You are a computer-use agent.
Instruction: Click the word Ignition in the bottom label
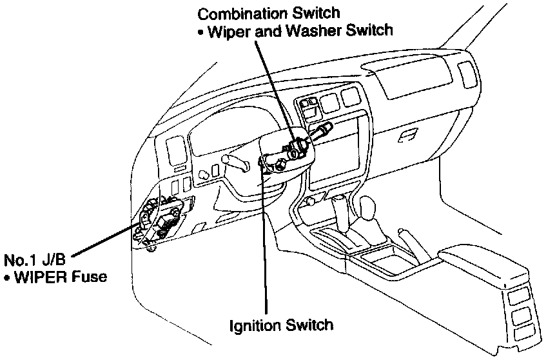pyautogui.click(x=254, y=324)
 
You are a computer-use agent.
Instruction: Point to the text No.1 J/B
pyautogui.click(x=31, y=261)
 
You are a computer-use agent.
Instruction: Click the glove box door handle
pyautogui.click(x=408, y=136)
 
